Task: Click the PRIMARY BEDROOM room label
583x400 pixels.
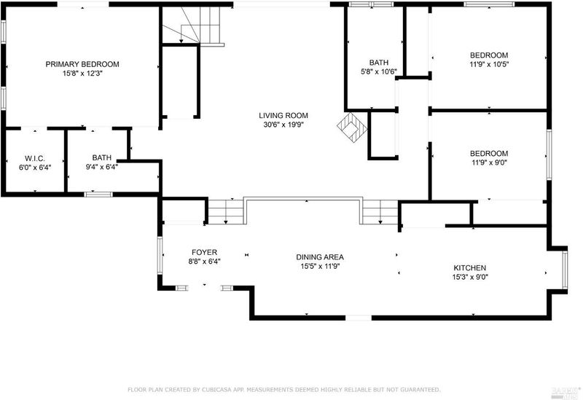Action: [82, 64]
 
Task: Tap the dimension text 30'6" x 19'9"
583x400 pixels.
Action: [283, 125]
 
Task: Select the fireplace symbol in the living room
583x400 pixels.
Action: [352, 127]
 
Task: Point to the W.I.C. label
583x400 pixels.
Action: [35, 158]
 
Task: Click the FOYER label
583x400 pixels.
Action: [205, 252]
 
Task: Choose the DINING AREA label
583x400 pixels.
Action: [320, 257]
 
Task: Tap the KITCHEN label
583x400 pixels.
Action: [469, 268]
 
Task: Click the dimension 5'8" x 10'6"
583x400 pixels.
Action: [379, 71]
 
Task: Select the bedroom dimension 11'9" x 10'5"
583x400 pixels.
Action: [489, 64]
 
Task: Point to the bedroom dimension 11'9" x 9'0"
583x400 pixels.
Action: [489, 162]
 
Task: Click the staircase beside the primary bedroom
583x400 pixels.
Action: [192, 26]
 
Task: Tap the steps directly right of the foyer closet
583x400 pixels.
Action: [226, 212]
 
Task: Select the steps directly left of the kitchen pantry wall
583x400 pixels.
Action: [380, 212]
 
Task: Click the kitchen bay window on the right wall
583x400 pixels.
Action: [565, 270]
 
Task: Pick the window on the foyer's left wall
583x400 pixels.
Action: [160, 256]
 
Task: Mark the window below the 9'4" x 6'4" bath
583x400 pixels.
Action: [98, 195]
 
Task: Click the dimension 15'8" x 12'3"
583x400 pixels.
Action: [82, 74]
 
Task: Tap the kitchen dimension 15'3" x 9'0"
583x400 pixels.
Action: [470, 278]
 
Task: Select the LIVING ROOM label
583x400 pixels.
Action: [283, 116]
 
